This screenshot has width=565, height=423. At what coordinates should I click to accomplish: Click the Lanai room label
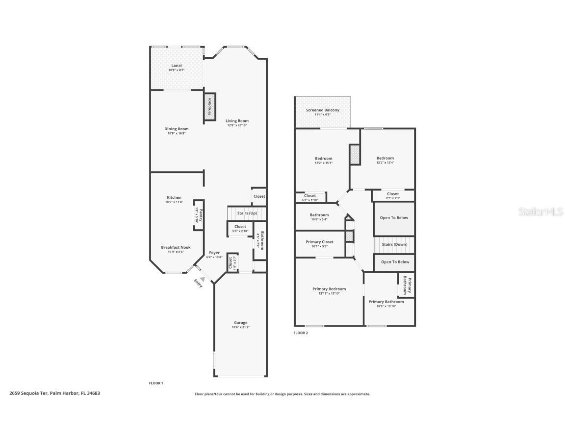(176, 65)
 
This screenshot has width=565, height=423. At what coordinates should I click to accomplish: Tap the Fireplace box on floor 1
(209, 106)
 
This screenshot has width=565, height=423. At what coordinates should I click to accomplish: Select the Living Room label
(237, 121)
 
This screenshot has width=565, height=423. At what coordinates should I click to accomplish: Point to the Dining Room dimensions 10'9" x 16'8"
(176, 133)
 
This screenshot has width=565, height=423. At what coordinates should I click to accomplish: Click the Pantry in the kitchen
(199, 214)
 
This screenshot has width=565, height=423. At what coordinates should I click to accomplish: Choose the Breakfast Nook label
(176, 247)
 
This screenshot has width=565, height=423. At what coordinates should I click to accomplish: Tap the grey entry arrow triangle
(202, 279)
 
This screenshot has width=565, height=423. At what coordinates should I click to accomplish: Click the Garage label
(240, 323)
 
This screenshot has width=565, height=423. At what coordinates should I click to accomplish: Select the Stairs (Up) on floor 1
(247, 213)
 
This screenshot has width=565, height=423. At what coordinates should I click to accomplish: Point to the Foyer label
(214, 253)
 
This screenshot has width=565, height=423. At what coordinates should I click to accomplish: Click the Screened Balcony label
(322, 110)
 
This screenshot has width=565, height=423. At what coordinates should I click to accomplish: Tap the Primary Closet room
(319, 242)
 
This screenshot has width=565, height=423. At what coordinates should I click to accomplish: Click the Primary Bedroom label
(329, 289)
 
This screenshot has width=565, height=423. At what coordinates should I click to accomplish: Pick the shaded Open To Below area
(394, 218)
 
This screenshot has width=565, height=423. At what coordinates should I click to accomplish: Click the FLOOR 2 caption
(301, 333)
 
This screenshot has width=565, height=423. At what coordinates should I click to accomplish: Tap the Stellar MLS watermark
(536, 211)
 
